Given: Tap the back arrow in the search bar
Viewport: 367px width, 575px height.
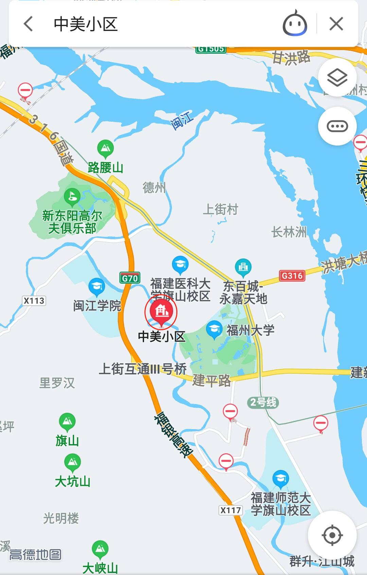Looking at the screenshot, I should pyautogui.click(x=29, y=24).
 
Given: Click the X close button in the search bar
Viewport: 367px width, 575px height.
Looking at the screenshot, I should pyautogui.click(x=336, y=24).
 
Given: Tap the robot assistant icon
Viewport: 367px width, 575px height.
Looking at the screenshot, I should pyautogui.click(x=295, y=24).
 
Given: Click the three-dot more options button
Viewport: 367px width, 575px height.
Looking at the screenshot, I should pyautogui.click(x=337, y=126).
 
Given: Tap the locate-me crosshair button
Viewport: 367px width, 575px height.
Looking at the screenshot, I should pyautogui.click(x=332, y=535).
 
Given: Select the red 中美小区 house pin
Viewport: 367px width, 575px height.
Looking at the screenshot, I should pyautogui.click(x=161, y=311).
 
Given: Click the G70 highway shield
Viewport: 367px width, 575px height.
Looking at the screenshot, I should pyautogui.click(x=130, y=278).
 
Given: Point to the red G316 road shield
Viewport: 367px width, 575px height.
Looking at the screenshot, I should pyautogui.click(x=292, y=275).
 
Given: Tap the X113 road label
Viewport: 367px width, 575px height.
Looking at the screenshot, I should pyautogui.click(x=34, y=301).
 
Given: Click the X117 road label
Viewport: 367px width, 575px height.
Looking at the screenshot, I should pyautogui.click(x=231, y=510).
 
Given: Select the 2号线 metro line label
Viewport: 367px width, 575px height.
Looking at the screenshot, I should pyautogui.click(x=263, y=402).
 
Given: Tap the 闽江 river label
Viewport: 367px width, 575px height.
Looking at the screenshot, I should pyautogui.click(x=182, y=120).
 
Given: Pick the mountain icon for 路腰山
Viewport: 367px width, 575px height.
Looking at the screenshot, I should pyautogui.click(x=105, y=148).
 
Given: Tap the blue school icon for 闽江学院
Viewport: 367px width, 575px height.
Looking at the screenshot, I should pyautogui.click(x=97, y=286).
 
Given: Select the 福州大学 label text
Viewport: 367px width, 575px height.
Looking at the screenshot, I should pyautogui.click(x=250, y=330).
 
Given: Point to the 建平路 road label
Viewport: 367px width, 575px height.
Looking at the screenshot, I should pyautogui.click(x=211, y=380).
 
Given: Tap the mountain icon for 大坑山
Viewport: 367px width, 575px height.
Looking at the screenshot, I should pyautogui.click(x=72, y=462).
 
